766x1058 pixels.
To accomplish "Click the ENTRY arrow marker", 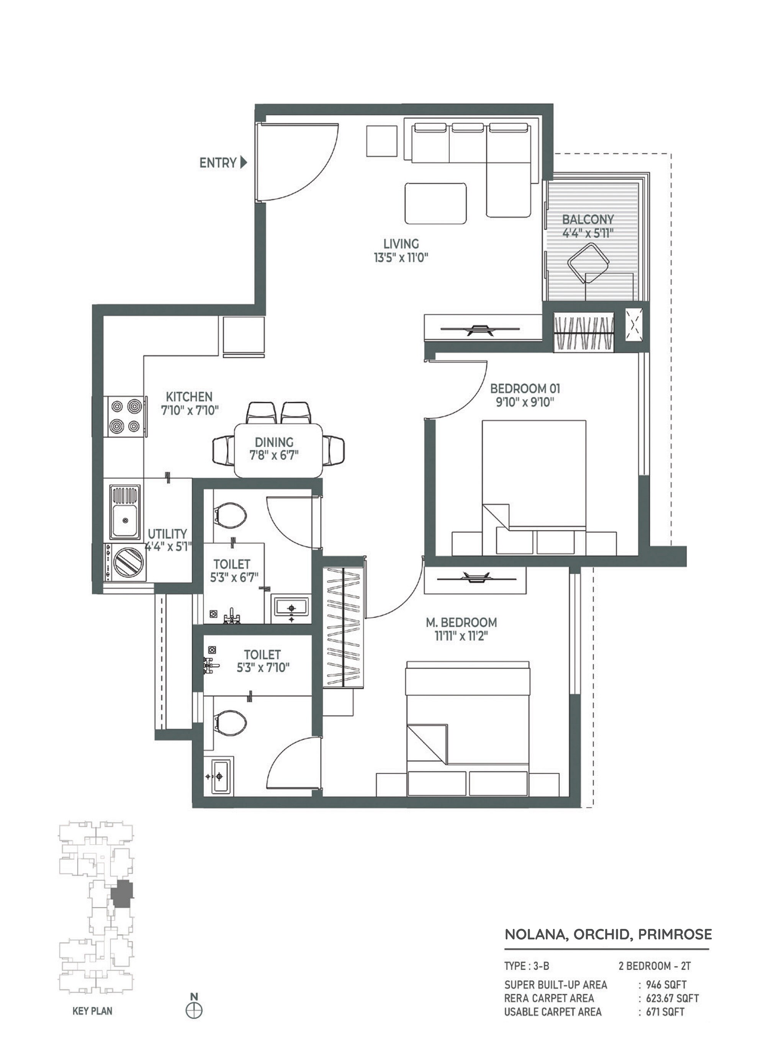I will (x=243, y=163).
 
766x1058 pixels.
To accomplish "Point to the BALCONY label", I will (x=587, y=219).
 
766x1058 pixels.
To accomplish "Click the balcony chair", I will (x=588, y=265).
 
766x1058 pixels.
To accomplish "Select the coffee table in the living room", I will (x=435, y=203).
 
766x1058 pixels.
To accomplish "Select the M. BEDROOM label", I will (x=461, y=622).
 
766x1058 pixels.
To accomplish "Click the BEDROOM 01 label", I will (x=525, y=388).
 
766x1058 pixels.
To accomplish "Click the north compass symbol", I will (x=194, y=1011).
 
